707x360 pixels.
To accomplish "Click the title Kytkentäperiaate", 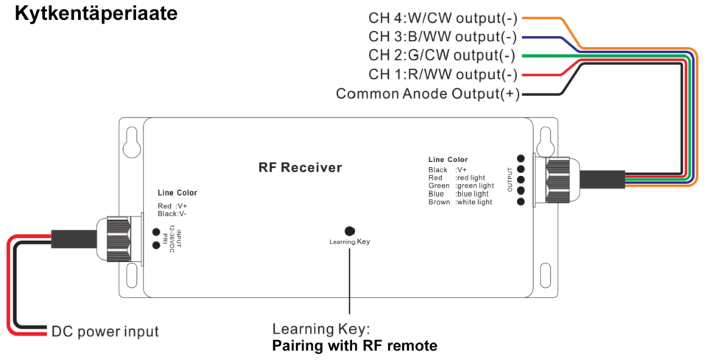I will coord(96,14).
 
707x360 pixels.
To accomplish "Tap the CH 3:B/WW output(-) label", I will coord(442,37).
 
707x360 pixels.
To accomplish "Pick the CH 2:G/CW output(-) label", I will coord(442,56).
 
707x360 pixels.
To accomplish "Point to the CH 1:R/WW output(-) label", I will coord(442,74).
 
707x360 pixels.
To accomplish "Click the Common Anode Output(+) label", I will coord(428,93).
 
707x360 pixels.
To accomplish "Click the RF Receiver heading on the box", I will coord(300,168).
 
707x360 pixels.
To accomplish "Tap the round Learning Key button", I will coord(350,230).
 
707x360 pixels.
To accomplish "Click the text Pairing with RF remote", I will coord(355,345).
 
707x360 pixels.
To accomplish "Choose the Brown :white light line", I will coord(460,202).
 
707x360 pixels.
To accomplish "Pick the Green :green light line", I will coord(461,186).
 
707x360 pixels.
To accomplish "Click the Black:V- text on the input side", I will coord(172,213).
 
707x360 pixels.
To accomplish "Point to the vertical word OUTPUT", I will coord(510,179).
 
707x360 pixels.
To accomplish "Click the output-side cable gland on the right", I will coord(559,179).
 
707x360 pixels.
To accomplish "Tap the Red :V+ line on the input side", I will coord(172,205).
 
